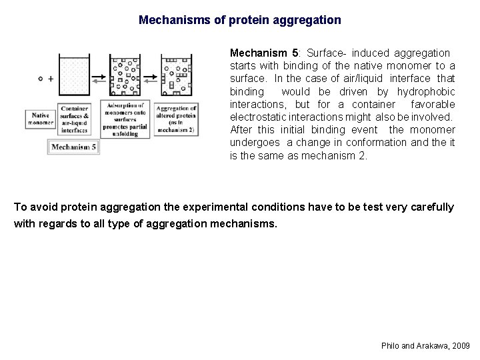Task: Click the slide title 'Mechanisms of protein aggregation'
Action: (x=239, y=20)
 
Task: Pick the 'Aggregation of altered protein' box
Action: (x=176, y=119)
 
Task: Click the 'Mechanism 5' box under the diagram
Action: (x=73, y=147)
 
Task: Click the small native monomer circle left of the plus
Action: (x=41, y=79)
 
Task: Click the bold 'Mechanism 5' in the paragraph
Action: (x=261, y=53)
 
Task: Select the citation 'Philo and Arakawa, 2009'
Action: (x=425, y=346)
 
